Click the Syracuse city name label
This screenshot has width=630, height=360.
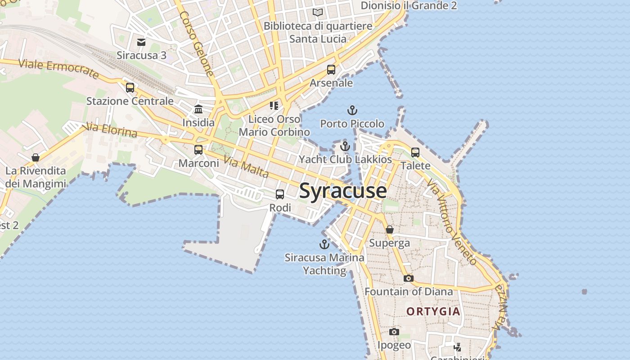343,191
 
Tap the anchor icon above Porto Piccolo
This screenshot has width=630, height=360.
352,110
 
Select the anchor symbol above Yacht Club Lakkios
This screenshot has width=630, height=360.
345,146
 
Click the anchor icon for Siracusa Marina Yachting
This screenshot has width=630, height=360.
324,244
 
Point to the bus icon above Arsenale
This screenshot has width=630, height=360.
331,70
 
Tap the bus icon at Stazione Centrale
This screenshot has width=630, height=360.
130,88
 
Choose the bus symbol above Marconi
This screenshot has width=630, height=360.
198,150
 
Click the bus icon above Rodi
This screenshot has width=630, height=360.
280,194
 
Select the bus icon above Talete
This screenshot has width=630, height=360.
415,153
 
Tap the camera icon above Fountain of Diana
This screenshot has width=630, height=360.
409,278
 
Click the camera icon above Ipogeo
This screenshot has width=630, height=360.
394,332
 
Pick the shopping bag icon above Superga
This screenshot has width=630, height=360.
390,229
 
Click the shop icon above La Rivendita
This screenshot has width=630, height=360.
36,157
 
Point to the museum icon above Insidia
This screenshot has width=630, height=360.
198,109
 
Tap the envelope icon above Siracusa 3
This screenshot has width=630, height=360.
141,42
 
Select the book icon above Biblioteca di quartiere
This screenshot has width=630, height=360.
318,13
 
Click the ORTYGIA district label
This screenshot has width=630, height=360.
433,311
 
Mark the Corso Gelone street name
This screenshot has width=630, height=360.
197,43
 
